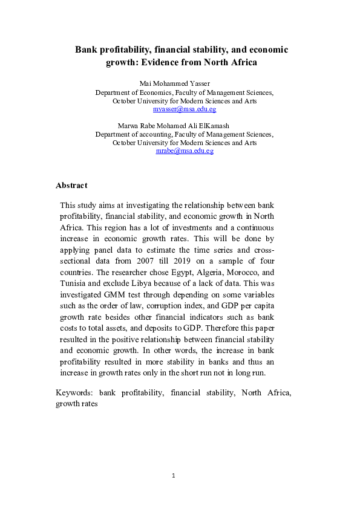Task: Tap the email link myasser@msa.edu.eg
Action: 185,109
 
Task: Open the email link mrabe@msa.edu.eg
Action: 185,151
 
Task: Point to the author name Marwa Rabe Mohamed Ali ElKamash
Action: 185,126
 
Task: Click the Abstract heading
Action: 71,186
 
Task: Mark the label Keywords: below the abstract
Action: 74,393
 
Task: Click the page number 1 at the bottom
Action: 173,476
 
